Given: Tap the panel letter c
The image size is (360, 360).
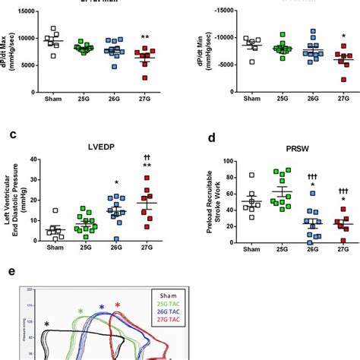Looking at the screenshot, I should pos(14,136).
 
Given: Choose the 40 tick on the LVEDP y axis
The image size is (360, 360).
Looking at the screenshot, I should pos(32,159).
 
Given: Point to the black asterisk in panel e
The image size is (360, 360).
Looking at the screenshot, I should pos(46,324).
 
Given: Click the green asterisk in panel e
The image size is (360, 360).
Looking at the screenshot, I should pos(81,311).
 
